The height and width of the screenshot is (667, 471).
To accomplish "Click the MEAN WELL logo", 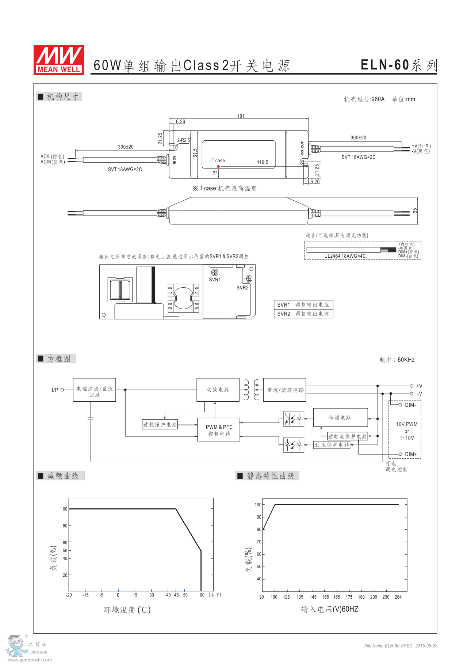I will pyautogui.click(x=59, y=60).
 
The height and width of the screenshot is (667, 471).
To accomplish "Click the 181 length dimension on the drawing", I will pyautogui.click(x=241, y=116).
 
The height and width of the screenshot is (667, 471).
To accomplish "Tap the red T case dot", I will pyautogui.click(x=218, y=167).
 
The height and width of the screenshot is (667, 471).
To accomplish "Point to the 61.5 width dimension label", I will pyautogui.click(x=195, y=153).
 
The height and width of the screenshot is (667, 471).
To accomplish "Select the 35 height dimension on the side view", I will pyautogui.click(x=415, y=211).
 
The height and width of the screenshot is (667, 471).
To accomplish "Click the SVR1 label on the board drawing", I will pyautogui.click(x=215, y=280).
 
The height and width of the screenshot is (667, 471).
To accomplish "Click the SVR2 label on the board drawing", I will pyautogui.click(x=242, y=288).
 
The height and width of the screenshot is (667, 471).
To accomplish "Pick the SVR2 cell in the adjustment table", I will pyautogui.click(x=283, y=314).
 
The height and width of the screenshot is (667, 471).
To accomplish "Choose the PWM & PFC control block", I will pyautogui.click(x=219, y=430).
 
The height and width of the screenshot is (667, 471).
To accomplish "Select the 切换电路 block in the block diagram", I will pyautogui.click(x=218, y=390).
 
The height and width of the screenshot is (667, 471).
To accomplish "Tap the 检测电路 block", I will pyautogui.click(x=340, y=418).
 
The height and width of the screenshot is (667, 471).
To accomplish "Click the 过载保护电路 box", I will pyautogui.click(x=160, y=424).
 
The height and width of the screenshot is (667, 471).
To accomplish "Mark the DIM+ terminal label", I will pyautogui.click(x=411, y=454).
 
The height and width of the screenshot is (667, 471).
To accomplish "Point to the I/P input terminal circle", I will pyautogui.click(x=62, y=390).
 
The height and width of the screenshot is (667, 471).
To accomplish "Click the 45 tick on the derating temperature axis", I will pyautogui.click(x=176, y=595).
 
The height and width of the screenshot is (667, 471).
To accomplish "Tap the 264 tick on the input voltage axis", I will pyautogui.click(x=398, y=597).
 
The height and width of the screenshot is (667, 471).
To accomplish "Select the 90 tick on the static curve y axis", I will pyautogui.click(x=259, y=517).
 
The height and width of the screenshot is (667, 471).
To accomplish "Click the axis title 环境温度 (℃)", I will pyautogui.click(x=127, y=610).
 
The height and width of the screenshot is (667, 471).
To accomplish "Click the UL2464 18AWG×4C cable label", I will pyautogui.click(x=345, y=256).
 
